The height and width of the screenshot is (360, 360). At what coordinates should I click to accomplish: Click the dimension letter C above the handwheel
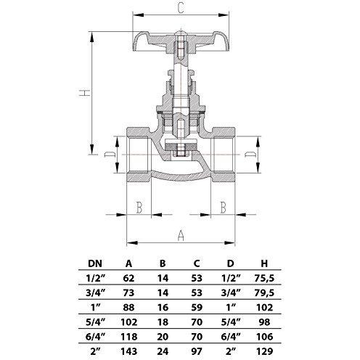click(181, 8)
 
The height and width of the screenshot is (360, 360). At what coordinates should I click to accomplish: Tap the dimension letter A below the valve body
click(181, 236)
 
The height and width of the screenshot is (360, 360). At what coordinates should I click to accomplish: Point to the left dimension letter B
click(139, 208)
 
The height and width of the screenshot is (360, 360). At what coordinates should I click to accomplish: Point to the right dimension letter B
click(224, 208)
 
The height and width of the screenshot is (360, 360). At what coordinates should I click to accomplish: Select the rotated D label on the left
click(109, 155)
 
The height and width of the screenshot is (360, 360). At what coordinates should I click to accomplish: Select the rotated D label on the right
click(250, 155)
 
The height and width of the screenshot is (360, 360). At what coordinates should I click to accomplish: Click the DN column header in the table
click(95, 263)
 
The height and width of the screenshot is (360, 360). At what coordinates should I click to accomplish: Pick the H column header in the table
click(264, 263)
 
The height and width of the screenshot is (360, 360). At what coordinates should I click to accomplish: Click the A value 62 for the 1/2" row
click(128, 278)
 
